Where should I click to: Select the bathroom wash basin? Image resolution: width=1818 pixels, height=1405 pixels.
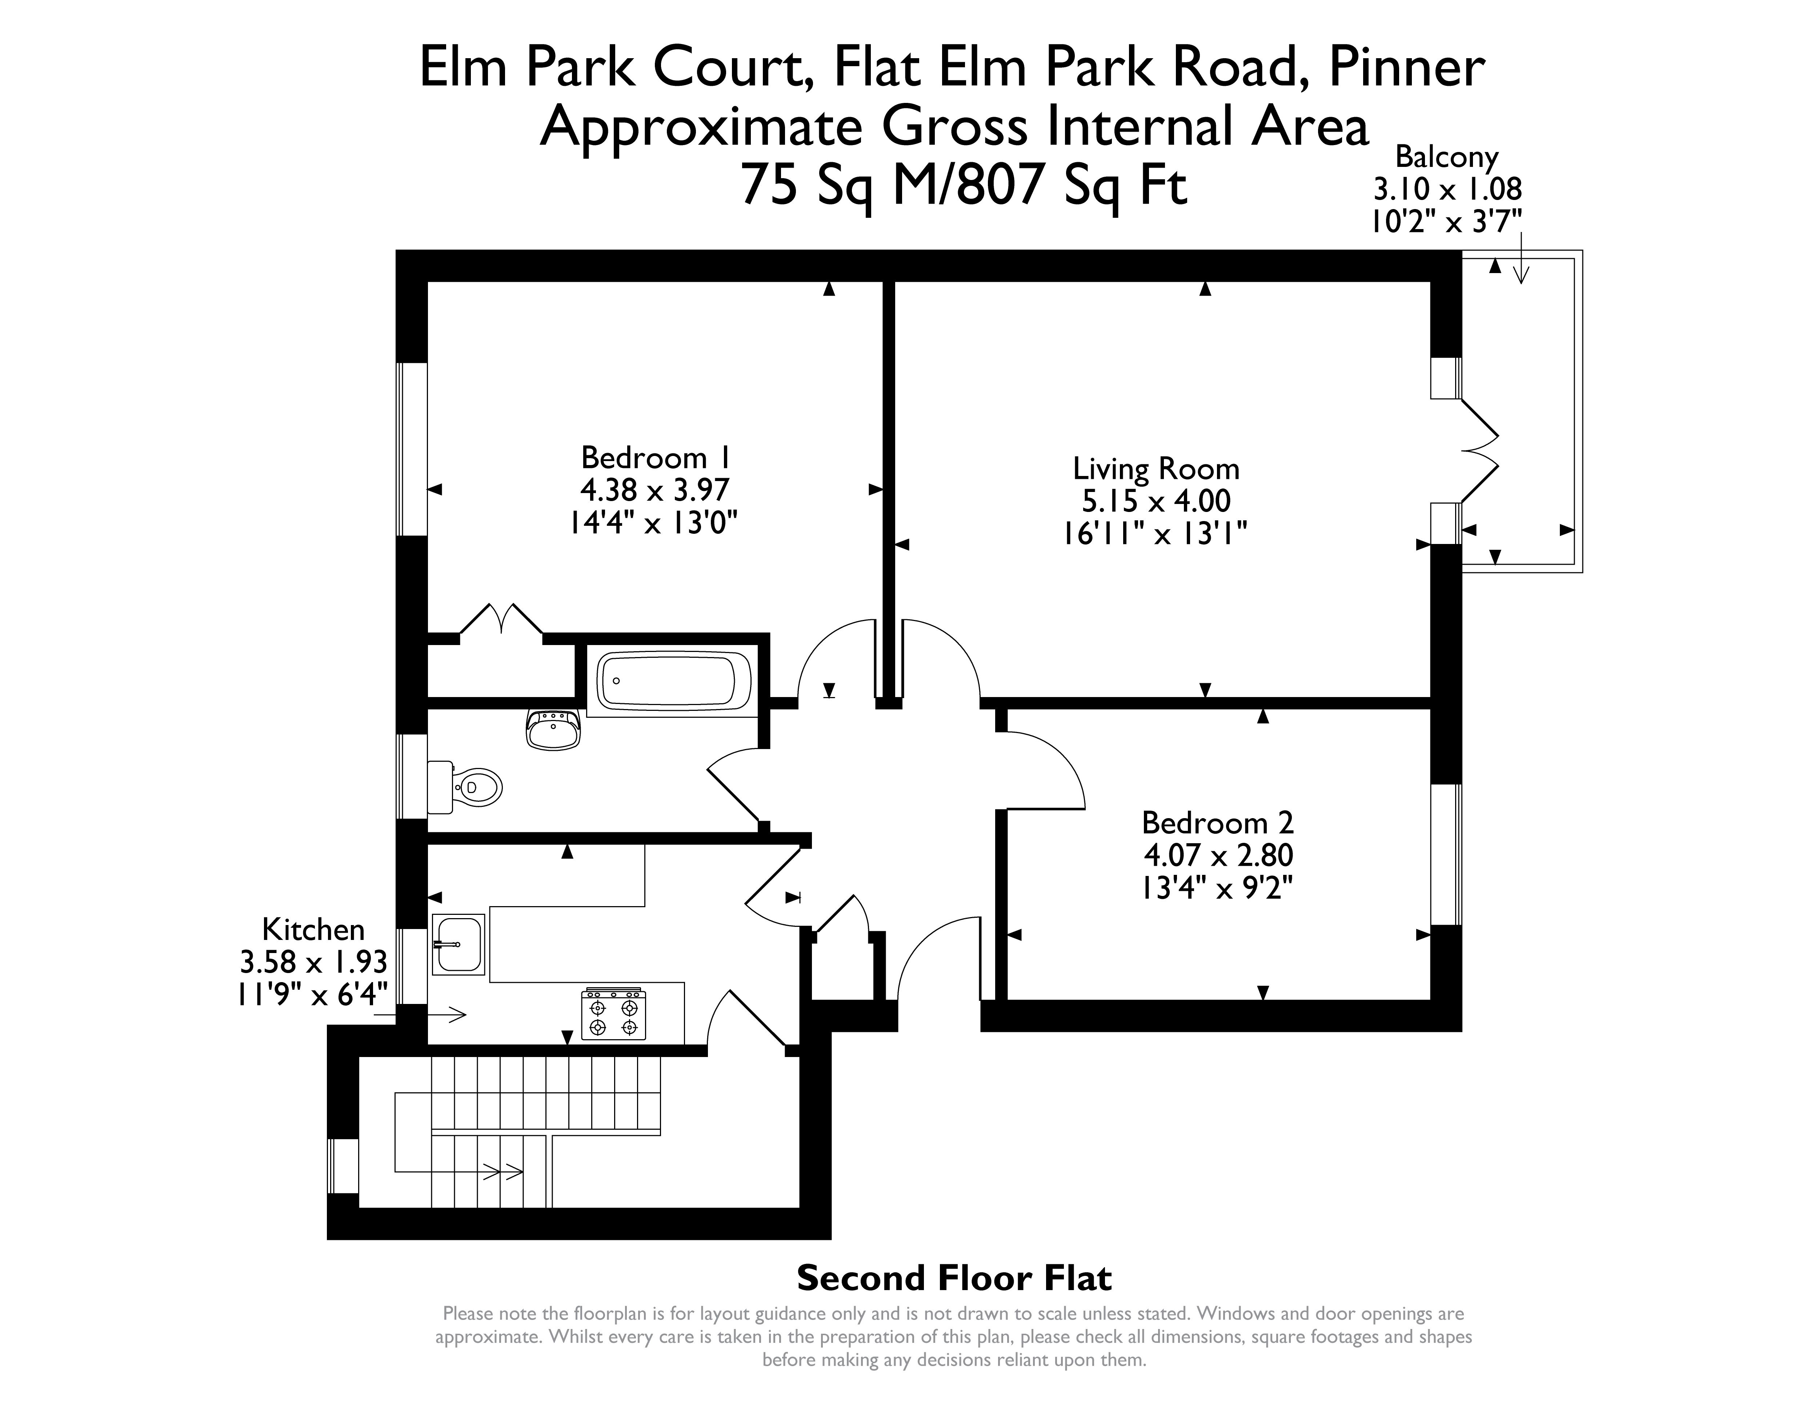(x=553, y=729)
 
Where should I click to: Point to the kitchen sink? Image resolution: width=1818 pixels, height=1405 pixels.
(x=458, y=944)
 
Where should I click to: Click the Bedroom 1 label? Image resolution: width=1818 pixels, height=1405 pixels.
(x=656, y=458)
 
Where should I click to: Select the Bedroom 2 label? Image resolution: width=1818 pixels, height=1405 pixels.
(x=1218, y=822)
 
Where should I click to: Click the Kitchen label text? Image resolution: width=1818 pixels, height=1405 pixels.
(x=313, y=929)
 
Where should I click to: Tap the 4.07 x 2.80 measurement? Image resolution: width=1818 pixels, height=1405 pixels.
(x=1218, y=855)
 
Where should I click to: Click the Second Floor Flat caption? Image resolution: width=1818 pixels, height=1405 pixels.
(x=954, y=1278)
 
